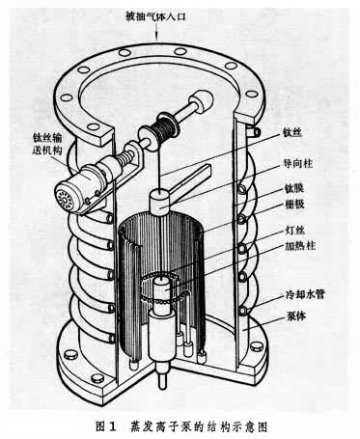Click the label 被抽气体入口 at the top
pyautogui.click(x=155, y=16)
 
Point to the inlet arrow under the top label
pyautogui.click(x=156, y=32)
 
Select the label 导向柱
pyautogui.click(x=297, y=163)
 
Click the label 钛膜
pyautogui.click(x=294, y=188)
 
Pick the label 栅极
pyautogui.click(x=294, y=204)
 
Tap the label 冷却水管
pyautogui.click(x=305, y=294)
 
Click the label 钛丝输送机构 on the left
pyautogui.click(x=47, y=144)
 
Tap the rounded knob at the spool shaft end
pyautogui.click(x=203, y=100)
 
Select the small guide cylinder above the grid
pyautogui.click(x=160, y=202)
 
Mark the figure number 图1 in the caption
pyautogui.click(x=106, y=426)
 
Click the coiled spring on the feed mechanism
pyautogui.click(x=126, y=158)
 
